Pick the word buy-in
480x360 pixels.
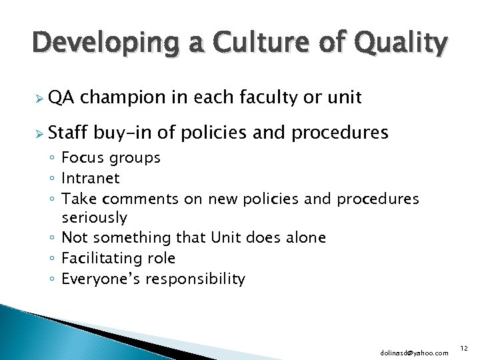pos(127,133)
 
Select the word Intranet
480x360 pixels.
pos(91,178)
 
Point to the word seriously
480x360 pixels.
pos(94,218)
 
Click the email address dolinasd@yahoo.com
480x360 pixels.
pos(415,352)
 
